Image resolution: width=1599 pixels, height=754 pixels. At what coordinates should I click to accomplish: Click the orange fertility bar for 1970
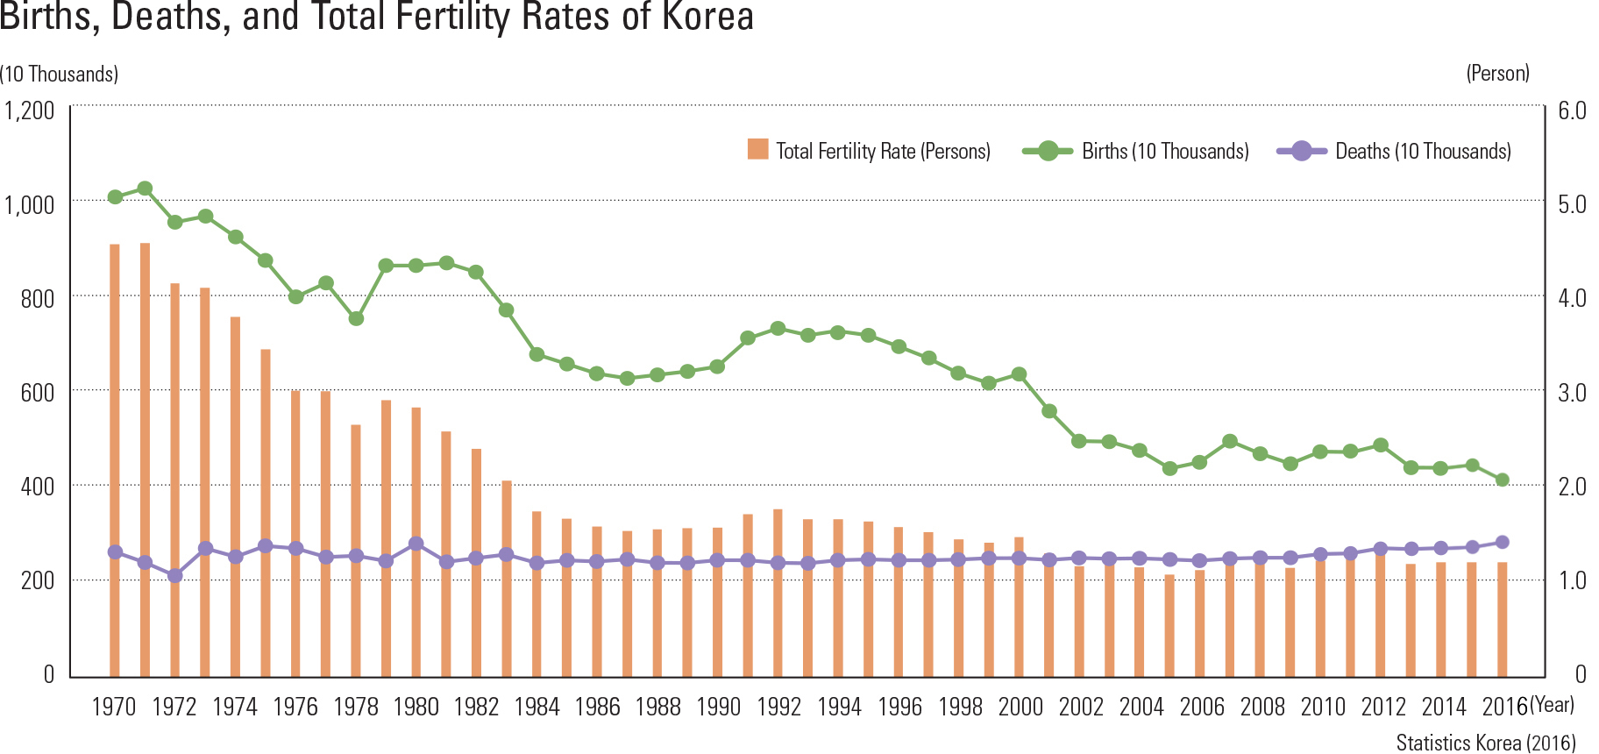tap(115, 456)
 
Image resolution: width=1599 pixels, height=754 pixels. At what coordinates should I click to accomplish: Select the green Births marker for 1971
tap(146, 188)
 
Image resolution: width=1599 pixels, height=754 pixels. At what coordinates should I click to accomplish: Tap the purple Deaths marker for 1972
tap(175, 576)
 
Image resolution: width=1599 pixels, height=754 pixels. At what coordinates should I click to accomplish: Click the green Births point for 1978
tap(356, 318)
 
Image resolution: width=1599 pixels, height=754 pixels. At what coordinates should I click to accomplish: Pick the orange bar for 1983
tap(507, 579)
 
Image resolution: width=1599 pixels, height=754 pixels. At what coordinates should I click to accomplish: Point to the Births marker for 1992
tap(778, 329)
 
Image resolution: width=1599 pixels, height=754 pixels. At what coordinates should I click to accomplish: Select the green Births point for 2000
tap(1019, 374)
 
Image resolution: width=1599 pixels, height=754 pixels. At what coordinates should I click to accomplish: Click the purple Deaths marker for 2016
tap(1502, 542)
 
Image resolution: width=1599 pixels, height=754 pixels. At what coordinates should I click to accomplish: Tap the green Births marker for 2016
tap(1502, 480)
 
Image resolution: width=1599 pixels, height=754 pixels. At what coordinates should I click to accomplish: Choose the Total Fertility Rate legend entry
tap(869, 151)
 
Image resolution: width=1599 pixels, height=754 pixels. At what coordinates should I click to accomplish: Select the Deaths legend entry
tap(1394, 151)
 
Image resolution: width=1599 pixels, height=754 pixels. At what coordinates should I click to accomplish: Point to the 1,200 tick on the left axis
tap(30, 110)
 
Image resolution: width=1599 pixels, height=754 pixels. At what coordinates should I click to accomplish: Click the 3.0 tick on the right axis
tap(1572, 392)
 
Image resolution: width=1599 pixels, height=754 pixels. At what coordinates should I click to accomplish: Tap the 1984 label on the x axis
tap(537, 707)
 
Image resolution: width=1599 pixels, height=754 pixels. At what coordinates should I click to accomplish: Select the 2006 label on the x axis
tap(1201, 707)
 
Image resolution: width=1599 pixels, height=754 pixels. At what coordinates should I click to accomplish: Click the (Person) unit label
tap(1497, 74)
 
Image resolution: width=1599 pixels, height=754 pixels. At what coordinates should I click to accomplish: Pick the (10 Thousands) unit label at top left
tap(60, 75)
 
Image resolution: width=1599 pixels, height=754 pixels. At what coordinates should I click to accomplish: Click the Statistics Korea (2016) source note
tap(1486, 743)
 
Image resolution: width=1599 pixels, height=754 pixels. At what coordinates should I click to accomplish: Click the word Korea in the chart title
tap(707, 17)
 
